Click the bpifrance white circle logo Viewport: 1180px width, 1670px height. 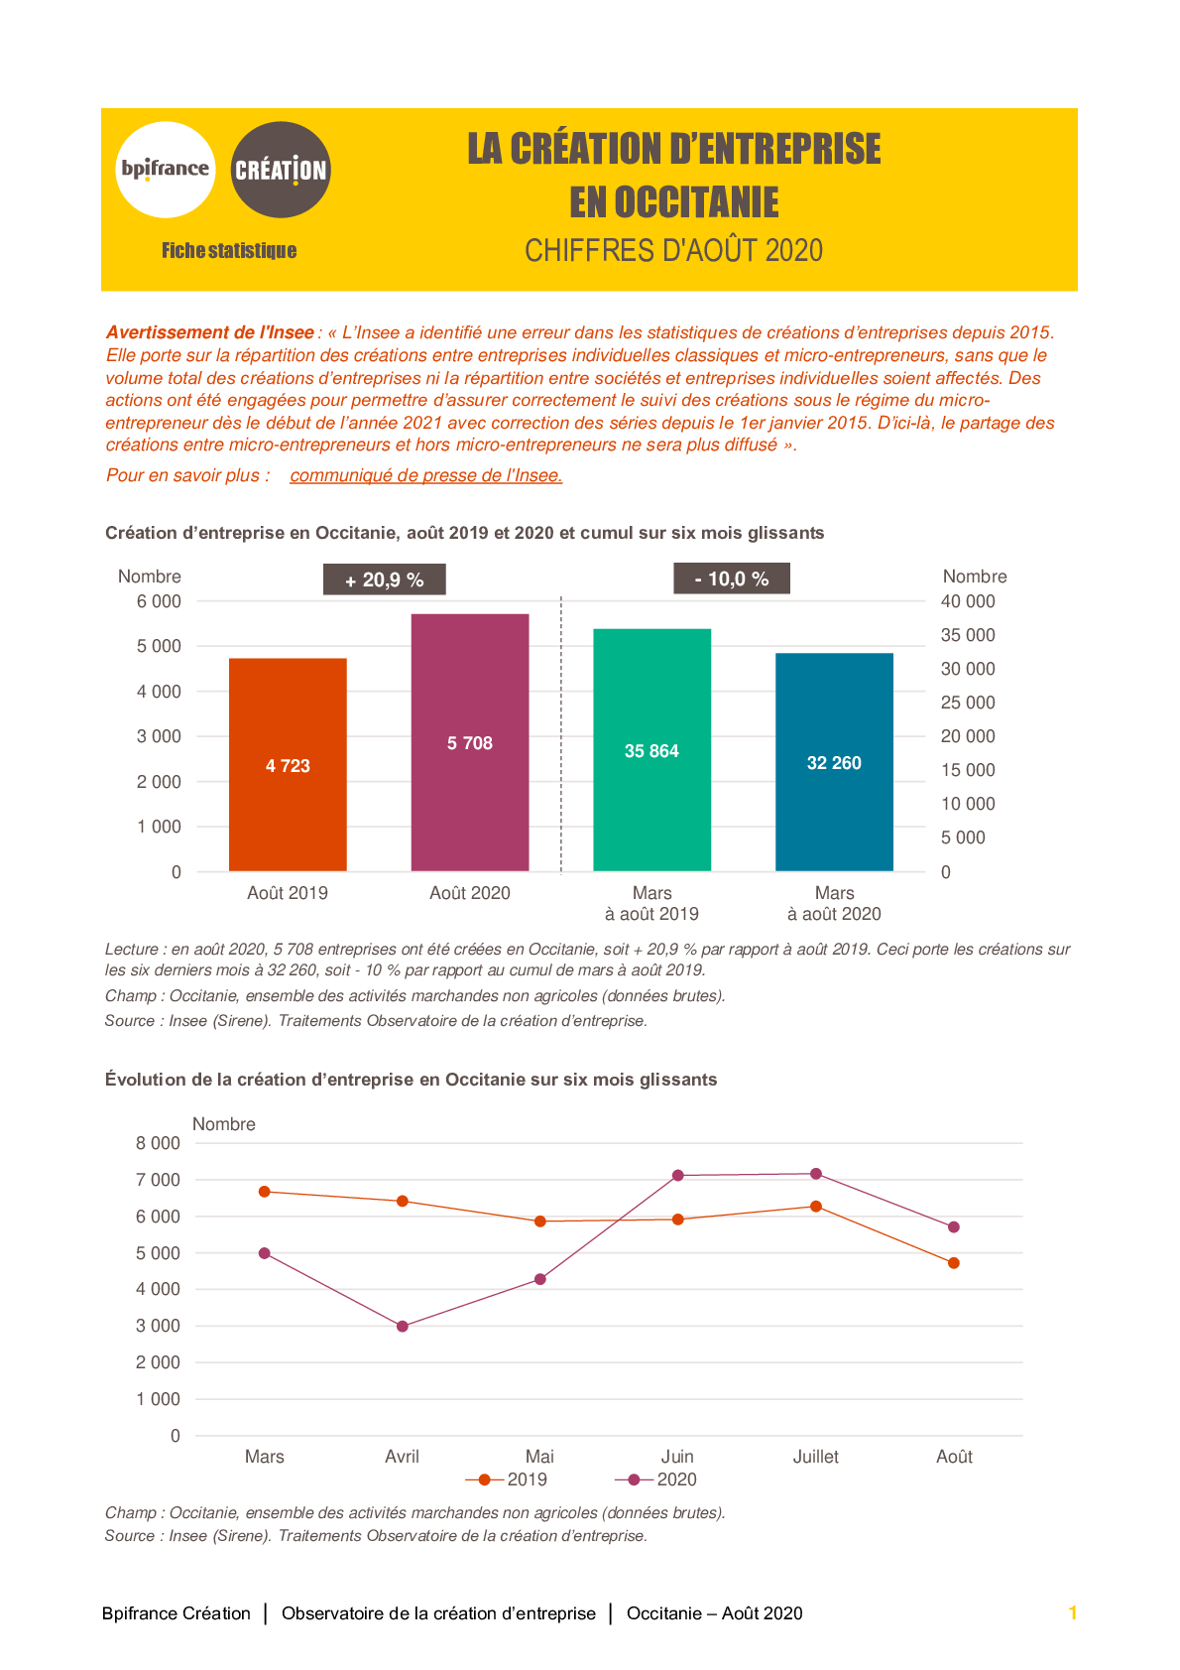(x=166, y=170)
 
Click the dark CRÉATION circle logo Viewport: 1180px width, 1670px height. (x=281, y=170)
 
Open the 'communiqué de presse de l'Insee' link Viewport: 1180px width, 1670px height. (x=426, y=475)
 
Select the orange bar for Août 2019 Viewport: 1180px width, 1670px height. (x=288, y=765)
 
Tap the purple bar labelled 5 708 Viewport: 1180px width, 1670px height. (x=470, y=742)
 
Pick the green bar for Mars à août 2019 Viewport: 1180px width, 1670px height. (x=651, y=750)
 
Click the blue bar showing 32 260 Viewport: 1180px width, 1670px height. (x=834, y=762)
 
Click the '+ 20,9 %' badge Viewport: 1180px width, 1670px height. (x=385, y=579)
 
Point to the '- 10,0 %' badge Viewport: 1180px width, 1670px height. (x=732, y=578)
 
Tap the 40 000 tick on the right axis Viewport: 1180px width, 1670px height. (x=968, y=601)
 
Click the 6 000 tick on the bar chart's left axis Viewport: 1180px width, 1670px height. (x=159, y=601)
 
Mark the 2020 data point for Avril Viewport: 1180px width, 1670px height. (x=403, y=1327)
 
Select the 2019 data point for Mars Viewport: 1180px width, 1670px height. (x=265, y=1192)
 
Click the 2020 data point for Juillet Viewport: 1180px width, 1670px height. (x=816, y=1174)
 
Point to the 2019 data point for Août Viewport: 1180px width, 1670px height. (x=954, y=1263)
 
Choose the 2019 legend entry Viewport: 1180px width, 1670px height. (x=507, y=1479)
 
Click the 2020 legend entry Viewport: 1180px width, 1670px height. (x=655, y=1479)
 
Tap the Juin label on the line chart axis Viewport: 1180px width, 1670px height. (x=677, y=1456)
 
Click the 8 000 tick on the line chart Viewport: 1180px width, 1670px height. (x=158, y=1143)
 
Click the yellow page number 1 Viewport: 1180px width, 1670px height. (x=1073, y=1612)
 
